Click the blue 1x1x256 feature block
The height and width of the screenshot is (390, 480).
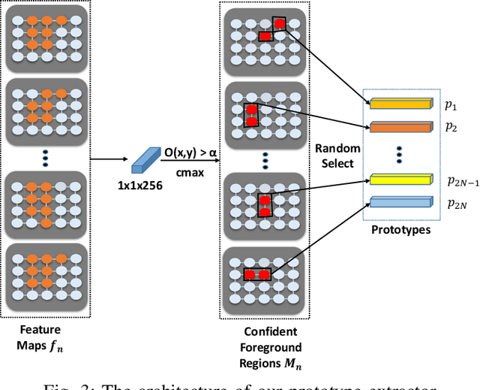142,160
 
